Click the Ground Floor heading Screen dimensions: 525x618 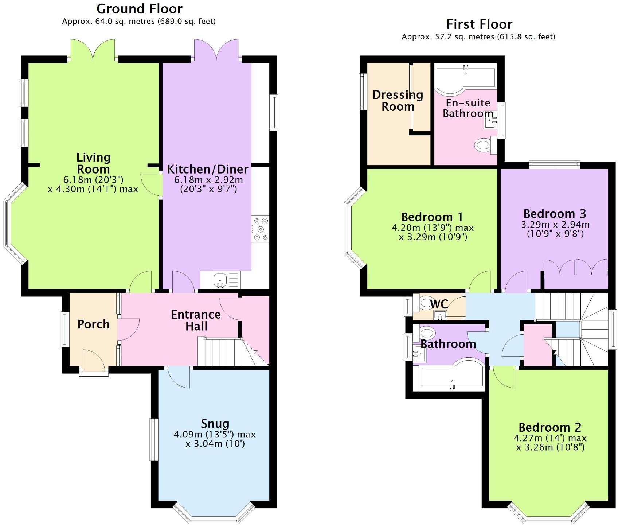coord(139,8)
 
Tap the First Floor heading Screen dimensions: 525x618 coord(479,24)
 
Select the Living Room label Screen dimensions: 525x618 coord(93,163)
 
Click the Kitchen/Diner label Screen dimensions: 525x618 coord(207,169)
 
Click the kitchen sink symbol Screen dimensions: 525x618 coord(220,280)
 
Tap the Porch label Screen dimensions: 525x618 coord(93,324)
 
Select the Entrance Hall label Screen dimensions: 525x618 coord(196,320)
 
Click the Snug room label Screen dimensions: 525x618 coord(215,424)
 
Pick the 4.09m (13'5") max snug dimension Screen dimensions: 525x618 coord(215,435)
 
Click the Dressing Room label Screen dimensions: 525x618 coord(398,101)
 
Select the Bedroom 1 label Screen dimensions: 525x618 coord(432,217)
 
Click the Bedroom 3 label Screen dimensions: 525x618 coord(555,214)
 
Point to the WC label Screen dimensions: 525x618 coord(439,304)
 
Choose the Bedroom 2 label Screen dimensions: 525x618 coord(549,427)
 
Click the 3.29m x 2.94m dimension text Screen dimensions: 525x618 coord(555,225)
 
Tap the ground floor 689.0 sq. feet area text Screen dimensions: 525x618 coord(186,21)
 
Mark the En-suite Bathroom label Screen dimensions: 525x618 coord(468,108)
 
